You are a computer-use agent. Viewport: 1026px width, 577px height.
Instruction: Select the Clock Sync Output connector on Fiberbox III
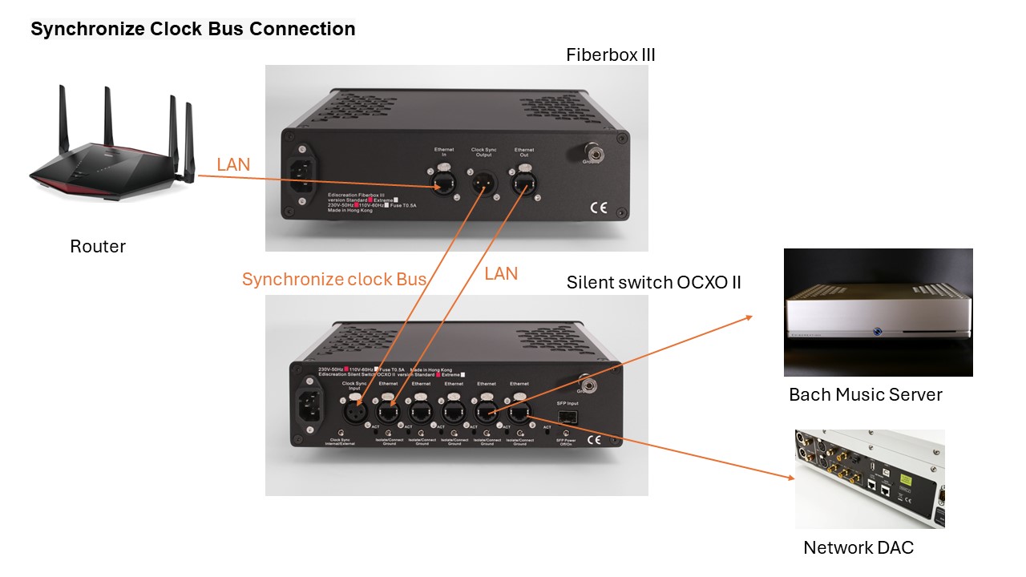483,184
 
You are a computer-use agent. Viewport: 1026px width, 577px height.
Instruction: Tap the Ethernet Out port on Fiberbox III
524,183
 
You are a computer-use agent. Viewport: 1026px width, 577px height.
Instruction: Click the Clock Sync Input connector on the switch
355,413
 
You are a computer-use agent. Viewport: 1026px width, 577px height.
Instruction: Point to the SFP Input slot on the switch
567,417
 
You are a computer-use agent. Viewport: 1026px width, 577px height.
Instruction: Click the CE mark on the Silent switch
595,440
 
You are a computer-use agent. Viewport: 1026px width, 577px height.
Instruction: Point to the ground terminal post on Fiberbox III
595,150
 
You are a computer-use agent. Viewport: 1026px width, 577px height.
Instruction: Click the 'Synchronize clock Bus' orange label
334,279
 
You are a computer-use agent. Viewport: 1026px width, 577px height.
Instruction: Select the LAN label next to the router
233,164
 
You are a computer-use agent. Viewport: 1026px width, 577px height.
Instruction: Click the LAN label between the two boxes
501,273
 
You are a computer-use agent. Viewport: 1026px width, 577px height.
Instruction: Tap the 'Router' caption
98,246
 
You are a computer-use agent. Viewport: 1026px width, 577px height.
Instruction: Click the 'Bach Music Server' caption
866,394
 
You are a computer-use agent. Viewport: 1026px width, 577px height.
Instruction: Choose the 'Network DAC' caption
858,547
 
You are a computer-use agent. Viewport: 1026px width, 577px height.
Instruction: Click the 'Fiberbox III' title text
611,55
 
